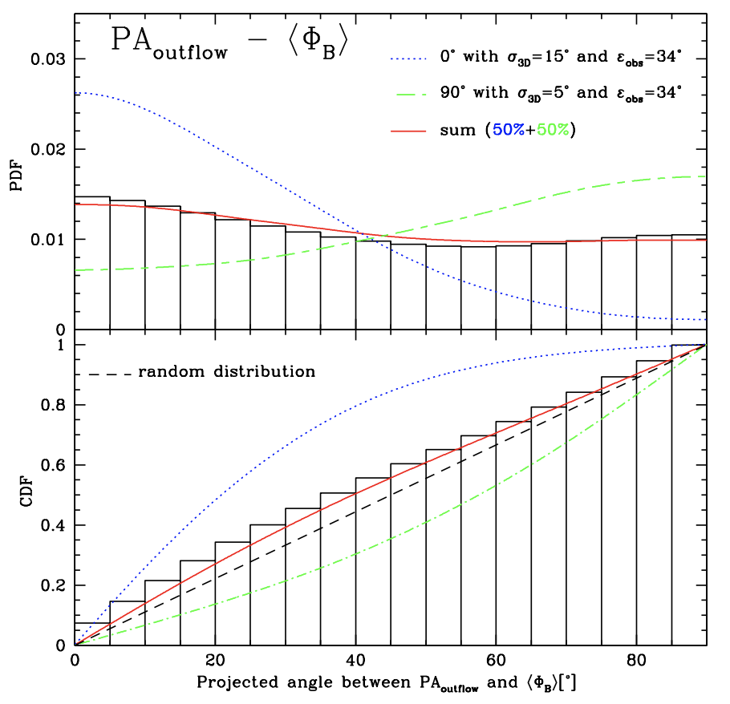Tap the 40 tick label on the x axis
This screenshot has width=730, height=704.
point(355,662)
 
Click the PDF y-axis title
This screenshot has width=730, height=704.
point(18,176)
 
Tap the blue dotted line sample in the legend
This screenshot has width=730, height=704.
point(417,58)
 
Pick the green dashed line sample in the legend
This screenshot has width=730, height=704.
point(417,94)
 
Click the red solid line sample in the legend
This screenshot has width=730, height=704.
point(417,130)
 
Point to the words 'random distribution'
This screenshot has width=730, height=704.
point(227,372)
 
